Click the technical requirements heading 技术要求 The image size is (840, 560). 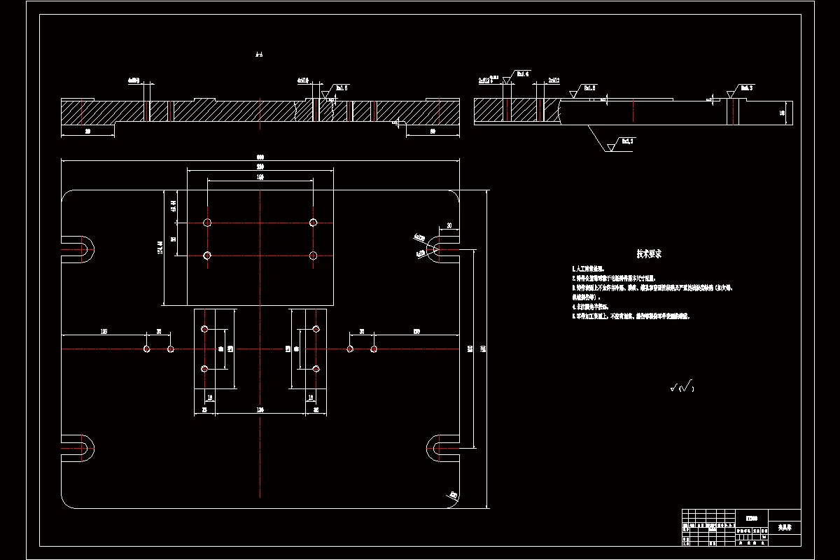pyautogui.click(x=648, y=254)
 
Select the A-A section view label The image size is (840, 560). pyautogui.click(x=260, y=54)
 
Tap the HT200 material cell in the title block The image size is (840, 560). pyautogui.click(x=750, y=519)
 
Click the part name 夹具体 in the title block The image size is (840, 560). pyautogui.click(x=784, y=527)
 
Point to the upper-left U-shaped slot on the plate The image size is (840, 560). pyautogui.click(x=83, y=247)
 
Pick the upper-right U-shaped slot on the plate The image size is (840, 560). pyautogui.click(x=438, y=248)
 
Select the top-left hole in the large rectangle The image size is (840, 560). pyautogui.click(x=207, y=223)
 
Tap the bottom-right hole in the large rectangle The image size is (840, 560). pyautogui.click(x=313, y=255)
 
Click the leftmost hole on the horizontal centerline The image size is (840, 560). pyautogui.click(x=147, y=349)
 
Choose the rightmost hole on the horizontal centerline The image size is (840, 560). pyautogui.click(x=374, y=349)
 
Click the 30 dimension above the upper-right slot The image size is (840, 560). pyautogui.click(x=449, y=225)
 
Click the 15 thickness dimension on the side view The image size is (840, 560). pyautogui.click(x=782, y=112)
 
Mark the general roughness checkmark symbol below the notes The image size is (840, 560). pyautogui.click(x=681, y=386)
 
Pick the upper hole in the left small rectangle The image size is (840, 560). pyautogui.click(x=204, y=329)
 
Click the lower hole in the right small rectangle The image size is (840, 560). pyautogui.click(x=316, y=368)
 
